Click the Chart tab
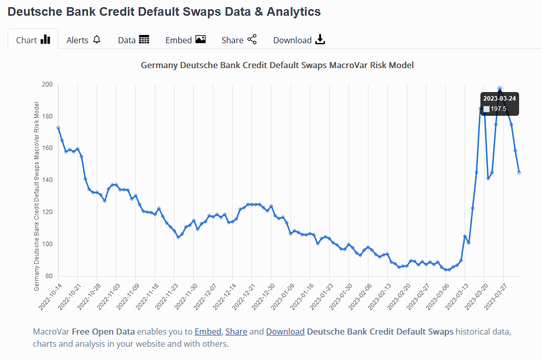click(x=33, y=40)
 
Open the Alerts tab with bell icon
click(x=83, y=40)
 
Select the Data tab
click(x=133, y=40)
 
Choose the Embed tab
click(x=185, y=40)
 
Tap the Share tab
click(x=239, y=40)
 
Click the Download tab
click(x=299, y=40)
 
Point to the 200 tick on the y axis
click(x=47, y=84)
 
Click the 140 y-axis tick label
click(x=47, y=180)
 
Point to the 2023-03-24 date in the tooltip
click(x=499, y=98)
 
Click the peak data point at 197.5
click(x=500, y=88)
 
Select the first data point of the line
click(x=58, y=128)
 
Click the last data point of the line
click(x=519, y=172)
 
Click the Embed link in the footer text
click(x=208, y=332)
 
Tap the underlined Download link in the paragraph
click(x=285, y=332)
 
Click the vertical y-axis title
click(x=37, y=196)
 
